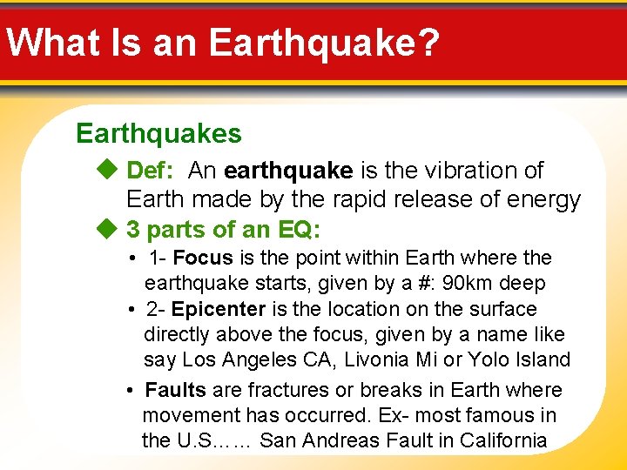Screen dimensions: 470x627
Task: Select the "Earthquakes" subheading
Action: pos(158,133)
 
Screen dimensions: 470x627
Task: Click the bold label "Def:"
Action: pos(152,171)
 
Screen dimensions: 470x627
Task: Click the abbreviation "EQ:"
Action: pos(300,230)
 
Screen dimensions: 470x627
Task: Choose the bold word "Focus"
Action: pos(203,258)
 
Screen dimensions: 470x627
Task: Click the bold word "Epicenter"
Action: pos(218,309)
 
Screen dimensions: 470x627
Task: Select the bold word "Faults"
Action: pos(176,390)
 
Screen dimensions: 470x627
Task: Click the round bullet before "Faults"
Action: pos(129,390)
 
